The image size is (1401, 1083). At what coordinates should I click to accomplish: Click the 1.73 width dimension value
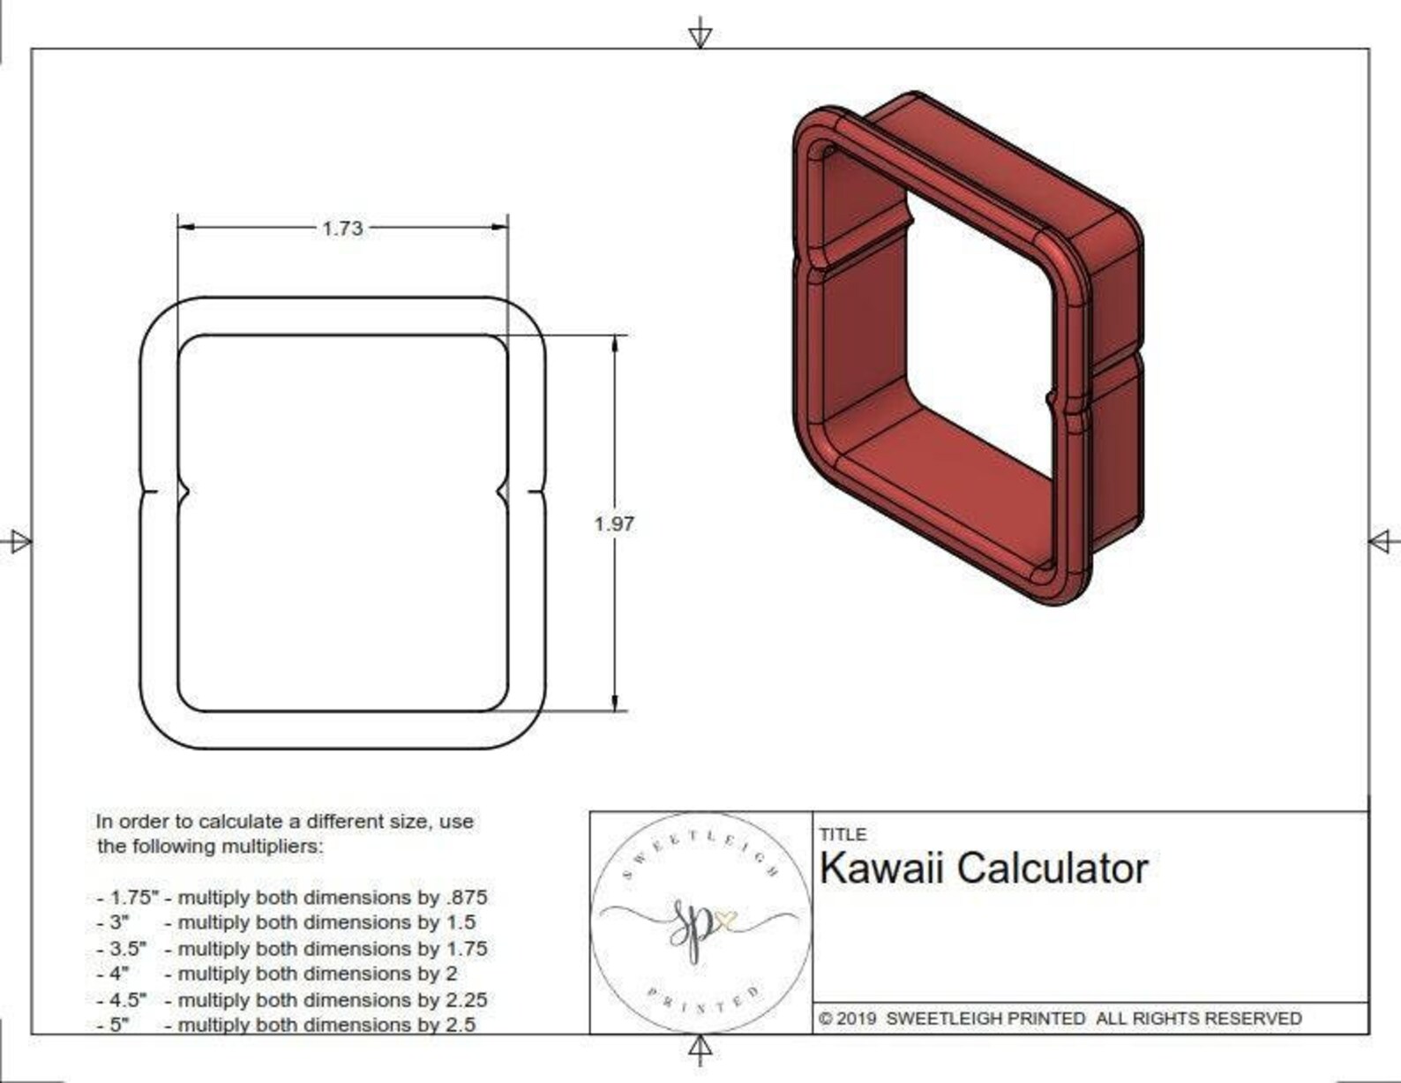point(342,229)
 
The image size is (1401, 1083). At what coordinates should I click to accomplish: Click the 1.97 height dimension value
point(614,523)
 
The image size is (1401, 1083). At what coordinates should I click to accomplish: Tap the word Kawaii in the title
point(881,869)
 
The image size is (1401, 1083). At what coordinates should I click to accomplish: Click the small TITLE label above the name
point(843,834)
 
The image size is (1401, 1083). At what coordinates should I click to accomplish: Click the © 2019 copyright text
point(848,1018)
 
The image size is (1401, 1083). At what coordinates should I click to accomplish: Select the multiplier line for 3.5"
point(291,949)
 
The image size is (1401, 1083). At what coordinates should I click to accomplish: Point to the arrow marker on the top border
point(700,35)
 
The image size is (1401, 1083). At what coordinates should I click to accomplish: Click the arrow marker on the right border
point(1382,541)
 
